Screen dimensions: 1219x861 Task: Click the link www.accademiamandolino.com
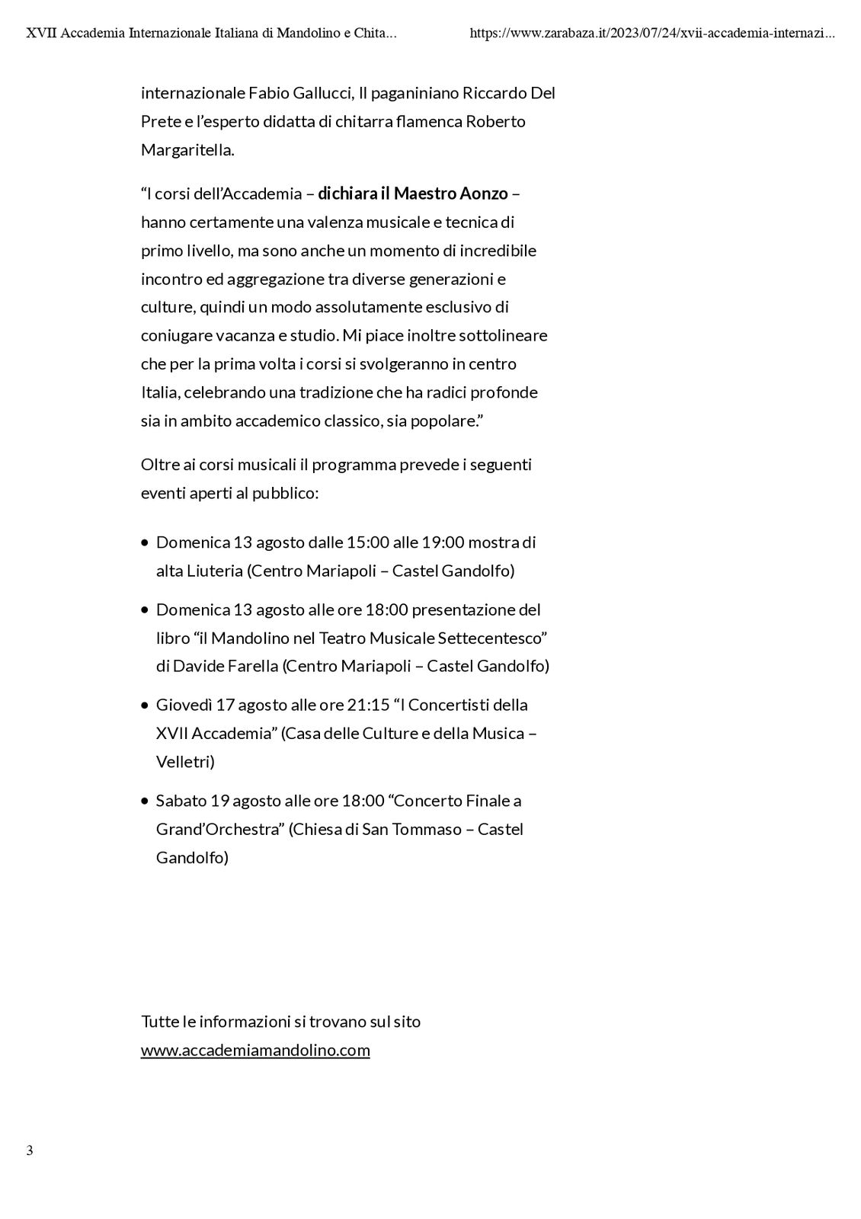pos(255,1050)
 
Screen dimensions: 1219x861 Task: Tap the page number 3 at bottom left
pos(30,1150)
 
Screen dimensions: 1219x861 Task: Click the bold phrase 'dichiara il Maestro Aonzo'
pos(412,194)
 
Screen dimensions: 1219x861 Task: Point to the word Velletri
pos(185,762)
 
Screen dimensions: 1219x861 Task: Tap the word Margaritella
pos(187,150)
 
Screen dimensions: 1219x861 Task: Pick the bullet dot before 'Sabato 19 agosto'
pos(145,801)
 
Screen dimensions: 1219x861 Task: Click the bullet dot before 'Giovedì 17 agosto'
pos(145,705)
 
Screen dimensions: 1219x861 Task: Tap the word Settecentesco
pos(496,638)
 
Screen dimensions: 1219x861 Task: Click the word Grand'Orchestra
pos(219,829)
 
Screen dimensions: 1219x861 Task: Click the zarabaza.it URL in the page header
pos(652,34)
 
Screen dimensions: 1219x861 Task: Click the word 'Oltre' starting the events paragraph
pos(160,465)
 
